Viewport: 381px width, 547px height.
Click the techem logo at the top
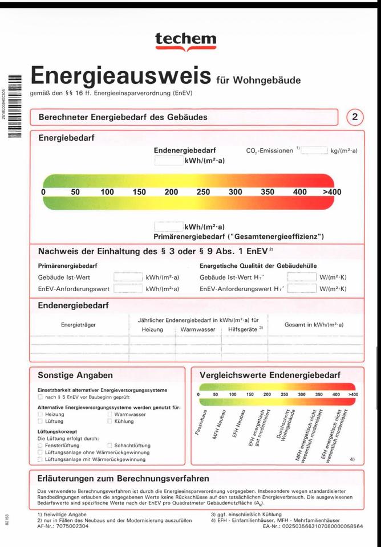click(x=185, y=41)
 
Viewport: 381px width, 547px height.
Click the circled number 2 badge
click(x=355, y=117)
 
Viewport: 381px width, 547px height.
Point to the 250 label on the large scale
click(x=203, y=192)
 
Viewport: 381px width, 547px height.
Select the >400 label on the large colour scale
click(x=332, y=192)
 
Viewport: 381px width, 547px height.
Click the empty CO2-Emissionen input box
click(x=314, y=150)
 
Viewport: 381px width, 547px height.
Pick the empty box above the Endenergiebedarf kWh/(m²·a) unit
click(x=169, y=161)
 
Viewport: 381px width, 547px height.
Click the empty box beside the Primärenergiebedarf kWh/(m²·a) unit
click(x=169, y=227)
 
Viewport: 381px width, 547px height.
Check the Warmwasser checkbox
click(x=110, y=415)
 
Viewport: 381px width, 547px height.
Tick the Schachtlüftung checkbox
click(x=110, y=446)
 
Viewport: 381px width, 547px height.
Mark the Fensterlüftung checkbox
click(x=40, y=446)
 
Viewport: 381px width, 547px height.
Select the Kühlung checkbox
click(x=110, y=422)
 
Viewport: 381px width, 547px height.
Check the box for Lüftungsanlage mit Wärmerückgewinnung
click(x=40, y=459)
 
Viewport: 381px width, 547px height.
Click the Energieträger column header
click(x=79, y=325)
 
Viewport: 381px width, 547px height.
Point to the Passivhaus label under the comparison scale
click(x=204, y=424)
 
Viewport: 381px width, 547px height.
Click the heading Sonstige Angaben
click(x=75, y=375)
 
